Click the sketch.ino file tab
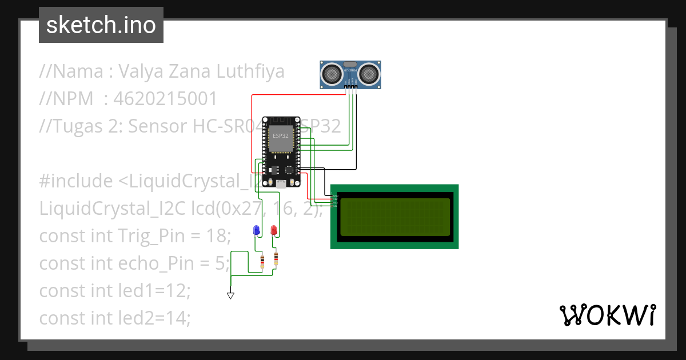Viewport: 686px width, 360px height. [101, 25]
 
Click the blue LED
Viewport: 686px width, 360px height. [256, 230]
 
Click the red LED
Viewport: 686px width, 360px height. [274, 230]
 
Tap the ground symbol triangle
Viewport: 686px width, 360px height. [230, 295]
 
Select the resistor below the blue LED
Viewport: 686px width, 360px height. [262, 262]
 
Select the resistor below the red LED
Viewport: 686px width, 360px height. [276, 259]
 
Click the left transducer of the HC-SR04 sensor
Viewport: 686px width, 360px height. [332, 73]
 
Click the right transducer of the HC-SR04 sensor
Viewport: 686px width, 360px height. [369, 73]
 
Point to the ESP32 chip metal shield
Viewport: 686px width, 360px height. [280, 139]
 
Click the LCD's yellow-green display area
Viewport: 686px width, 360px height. [394, 217]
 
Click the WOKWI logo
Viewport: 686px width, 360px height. [607, 315]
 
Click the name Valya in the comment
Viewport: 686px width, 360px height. [143, 72]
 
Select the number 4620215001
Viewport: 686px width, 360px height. [165, 99]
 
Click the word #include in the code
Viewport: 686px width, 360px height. [76, 181]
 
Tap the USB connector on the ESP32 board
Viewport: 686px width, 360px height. [281, 184]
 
